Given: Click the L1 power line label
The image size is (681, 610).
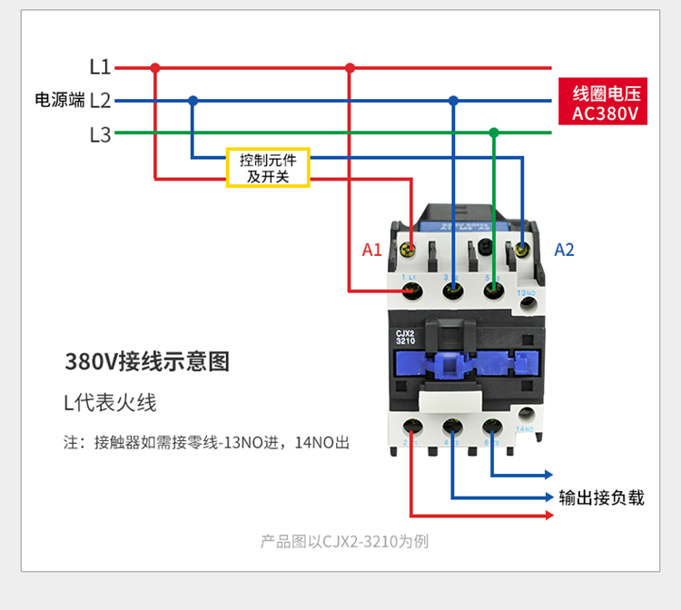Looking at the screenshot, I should coord(100,67).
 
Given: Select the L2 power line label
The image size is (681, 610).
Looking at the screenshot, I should coord(100,101).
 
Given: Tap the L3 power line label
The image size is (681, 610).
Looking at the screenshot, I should coord(100,135).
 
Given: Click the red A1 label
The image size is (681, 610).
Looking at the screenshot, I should coord(372,250).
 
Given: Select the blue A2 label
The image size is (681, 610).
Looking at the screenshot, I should coord(565,250).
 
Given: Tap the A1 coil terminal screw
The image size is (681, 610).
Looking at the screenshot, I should coord(410,247).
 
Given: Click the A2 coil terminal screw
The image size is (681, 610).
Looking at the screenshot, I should coord(522,247).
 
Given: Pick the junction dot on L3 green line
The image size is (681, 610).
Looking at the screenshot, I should coord(494,133).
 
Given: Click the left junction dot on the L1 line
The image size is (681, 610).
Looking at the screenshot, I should coord(155,67).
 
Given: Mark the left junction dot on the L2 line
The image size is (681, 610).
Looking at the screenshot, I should coord(192,101).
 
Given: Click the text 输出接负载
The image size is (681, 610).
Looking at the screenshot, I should coord(601,497).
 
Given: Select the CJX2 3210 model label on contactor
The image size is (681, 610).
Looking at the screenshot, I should coord(406,337).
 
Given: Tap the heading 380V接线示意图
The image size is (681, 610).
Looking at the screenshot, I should coord(147,361).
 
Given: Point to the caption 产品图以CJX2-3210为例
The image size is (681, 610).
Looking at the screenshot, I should coord(344,542).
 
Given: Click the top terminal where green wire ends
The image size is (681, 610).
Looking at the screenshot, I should coord(493,290).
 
